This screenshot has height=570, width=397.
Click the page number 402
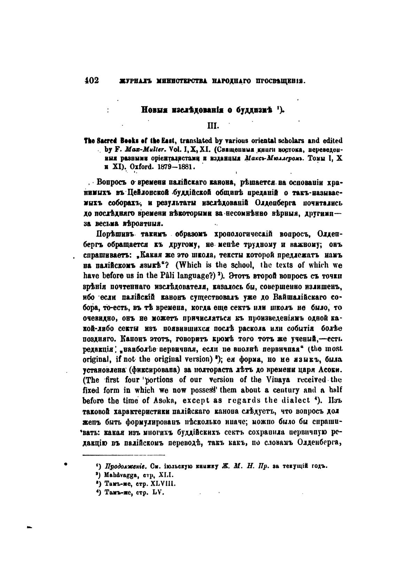point(92,80)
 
